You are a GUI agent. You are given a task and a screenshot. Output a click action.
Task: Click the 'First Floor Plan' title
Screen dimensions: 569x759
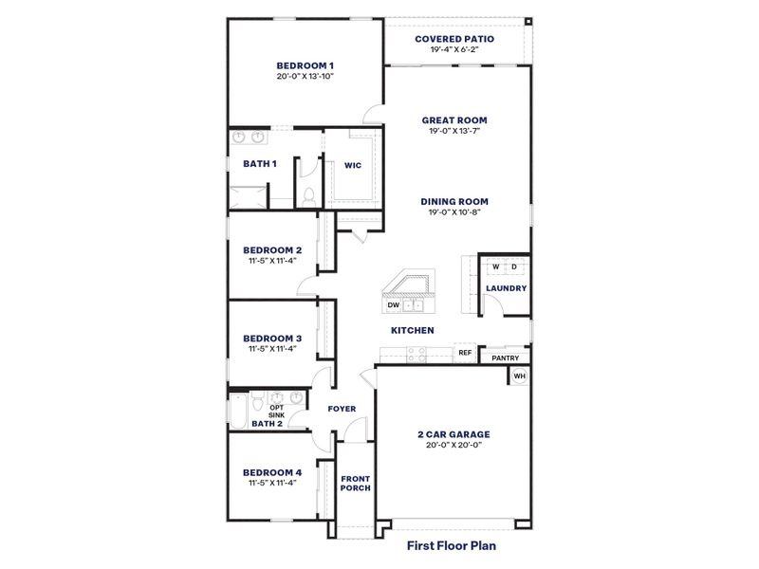coord(452,545)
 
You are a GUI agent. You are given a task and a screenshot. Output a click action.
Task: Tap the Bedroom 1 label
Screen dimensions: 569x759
coord(306,65)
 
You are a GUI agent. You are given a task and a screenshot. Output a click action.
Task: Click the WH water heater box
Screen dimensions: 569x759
coord(519,376)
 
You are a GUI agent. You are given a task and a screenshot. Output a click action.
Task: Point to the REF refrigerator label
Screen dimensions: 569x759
coord(465,353)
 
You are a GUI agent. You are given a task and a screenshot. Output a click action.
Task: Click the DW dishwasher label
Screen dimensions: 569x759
coord(393,305)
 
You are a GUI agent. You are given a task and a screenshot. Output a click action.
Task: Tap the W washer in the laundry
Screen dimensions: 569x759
coord(495,267)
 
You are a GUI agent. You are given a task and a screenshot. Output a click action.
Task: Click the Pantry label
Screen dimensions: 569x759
coord(505,358)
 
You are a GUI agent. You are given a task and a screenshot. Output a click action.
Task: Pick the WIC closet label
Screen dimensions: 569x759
coord(352,164)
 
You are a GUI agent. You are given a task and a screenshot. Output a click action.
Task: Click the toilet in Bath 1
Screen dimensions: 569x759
coord(309,194)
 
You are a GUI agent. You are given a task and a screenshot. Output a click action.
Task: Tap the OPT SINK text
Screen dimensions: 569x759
coord(276,412)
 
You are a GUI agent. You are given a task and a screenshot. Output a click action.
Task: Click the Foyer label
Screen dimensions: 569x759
coord(342,409)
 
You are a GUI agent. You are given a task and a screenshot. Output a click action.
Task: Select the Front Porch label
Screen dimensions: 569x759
coord(356,482)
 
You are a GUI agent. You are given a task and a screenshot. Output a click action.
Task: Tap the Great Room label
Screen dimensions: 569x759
coord(454,120)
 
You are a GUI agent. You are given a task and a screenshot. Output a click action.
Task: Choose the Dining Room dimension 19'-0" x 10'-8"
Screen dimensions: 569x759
coord(454,212)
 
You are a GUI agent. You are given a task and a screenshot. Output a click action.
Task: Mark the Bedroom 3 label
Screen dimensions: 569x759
coord(272,338)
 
